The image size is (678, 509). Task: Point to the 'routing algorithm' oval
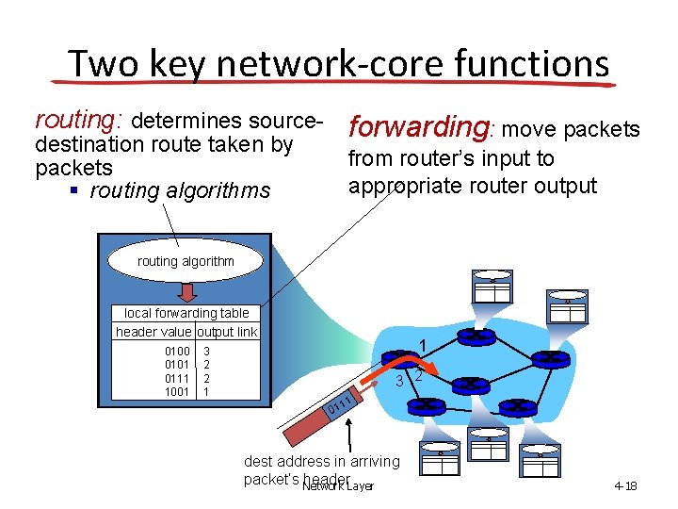pyautogui.click(x=186, y=261)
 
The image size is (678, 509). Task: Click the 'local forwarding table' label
pyautogui.click(x=186, y=313)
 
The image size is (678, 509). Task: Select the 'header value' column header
pyautogui.click(x=153, y=332)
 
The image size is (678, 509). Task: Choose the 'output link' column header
pyautogui.click(x=227, y=332)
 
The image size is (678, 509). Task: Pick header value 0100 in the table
pyautogui.click(x=176, y=351)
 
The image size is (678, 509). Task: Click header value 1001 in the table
pyautogui.click(x=176, y=390)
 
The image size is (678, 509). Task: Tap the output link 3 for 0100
pyautogui.click(x=207, y=351)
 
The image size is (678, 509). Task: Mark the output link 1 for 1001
pyautogui.click(x=207, y=390)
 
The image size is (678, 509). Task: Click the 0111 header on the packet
pyautogui.click(x=339, y=406)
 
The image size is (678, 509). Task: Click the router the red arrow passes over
pyautogui.click(x=403, y=360)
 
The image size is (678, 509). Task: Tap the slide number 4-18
pyautogui.click(x=625, y=486)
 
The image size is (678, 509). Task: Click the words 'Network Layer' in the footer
pyautogui.click(x=338, y=486)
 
